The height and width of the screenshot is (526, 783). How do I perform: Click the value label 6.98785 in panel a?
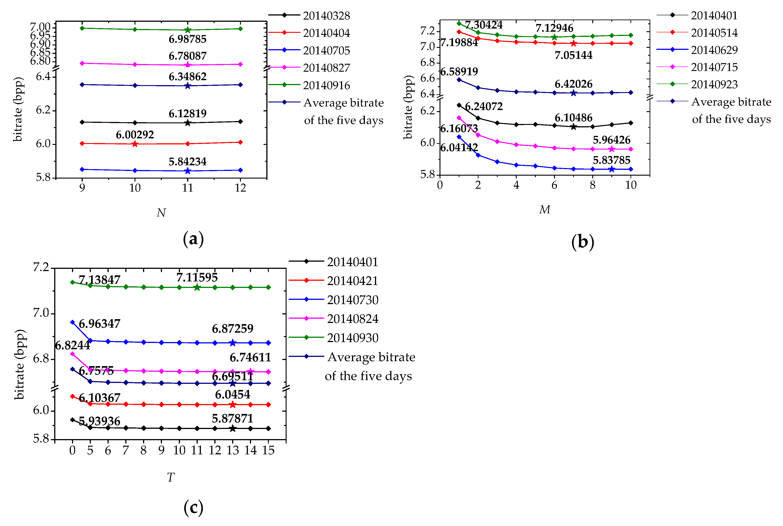pos(187,39)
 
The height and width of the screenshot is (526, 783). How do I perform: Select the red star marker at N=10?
pos(135,144)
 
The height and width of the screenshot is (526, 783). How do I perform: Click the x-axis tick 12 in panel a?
pos(240,188)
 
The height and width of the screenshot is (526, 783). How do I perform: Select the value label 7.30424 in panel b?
pos(484,25)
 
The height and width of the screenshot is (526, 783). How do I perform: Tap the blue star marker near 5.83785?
pos(611,169)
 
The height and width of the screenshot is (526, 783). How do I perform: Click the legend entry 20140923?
pos(714,84)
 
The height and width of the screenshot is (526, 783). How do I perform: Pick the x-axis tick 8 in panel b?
pos(592,185)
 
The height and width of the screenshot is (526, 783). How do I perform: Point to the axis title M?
pos(545,210)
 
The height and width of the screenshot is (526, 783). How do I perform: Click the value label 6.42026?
pos(573,84)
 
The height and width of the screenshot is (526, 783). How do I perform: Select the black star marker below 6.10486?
pos(573,127)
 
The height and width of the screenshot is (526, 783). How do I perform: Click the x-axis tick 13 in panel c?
pos(232,450)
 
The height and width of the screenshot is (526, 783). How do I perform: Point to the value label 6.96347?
pos(99,324)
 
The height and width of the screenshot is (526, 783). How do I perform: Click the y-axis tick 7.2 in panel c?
pos(41,267)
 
